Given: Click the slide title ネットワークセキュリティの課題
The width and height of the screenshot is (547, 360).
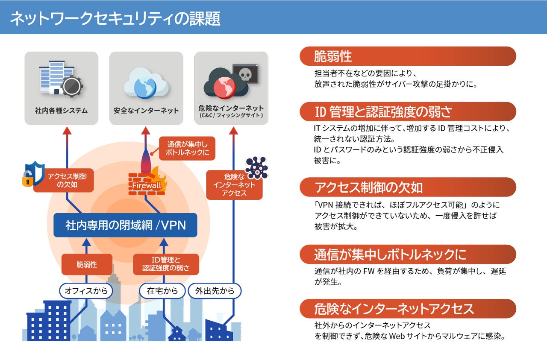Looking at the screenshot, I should pyautogui.click(x=115, y=18).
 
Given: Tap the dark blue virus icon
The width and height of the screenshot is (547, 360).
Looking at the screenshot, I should pyautogui.click(x=256, y=167).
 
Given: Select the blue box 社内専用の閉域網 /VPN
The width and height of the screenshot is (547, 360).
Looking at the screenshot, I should pyautogui.click(x=125, y=225).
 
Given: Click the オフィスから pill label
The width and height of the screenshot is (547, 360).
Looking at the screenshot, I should pyautogui.click(x=86, y=291).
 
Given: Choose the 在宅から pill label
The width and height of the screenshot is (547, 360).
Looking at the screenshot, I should pyautogui.click(x=162, y=291).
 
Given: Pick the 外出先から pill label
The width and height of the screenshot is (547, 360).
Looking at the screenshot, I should pyautogui.click(x=215, y=291).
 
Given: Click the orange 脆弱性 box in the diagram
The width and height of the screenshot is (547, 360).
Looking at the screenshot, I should pyautogui.click(x=87, y=264).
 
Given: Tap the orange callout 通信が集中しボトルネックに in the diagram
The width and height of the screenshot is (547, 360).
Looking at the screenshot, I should pyautogui.click(x=187, y=148).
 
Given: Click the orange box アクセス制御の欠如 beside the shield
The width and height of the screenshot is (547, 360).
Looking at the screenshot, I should pyautogui.click(x=63, y=180).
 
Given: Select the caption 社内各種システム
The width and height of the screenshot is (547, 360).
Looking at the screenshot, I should pyautogui.click(x=61, y=111).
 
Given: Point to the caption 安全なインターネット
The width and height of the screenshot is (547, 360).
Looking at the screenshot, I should pyautogui.click(x=146, y=111).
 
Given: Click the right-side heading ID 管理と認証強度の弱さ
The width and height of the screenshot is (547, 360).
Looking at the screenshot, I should pyautogui.click(x=383, y=112).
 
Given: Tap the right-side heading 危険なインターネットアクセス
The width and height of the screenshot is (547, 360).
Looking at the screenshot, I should pyautogui.click(x=394, y=308).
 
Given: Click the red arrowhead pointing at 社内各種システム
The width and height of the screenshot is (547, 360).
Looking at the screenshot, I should pyautogui.click(x=67, y=130).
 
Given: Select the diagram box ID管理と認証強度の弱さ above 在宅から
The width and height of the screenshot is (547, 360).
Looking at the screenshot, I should pyautogui.click(x=166, y=264).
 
